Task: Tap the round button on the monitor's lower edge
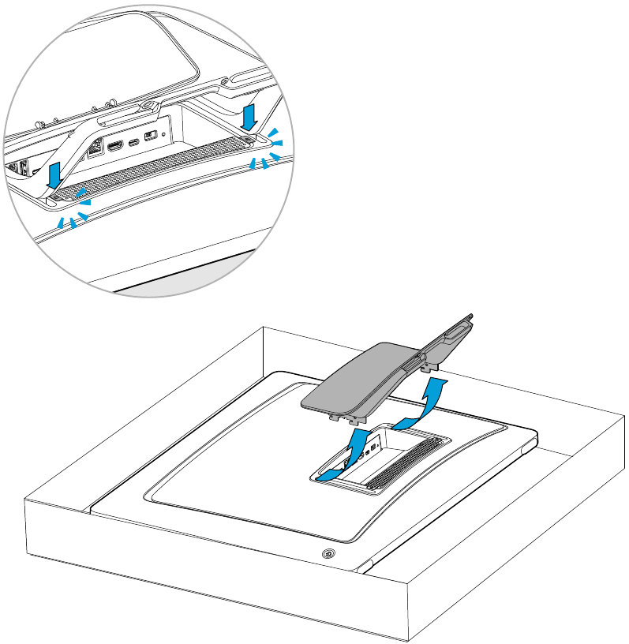(x=328, y=554)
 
